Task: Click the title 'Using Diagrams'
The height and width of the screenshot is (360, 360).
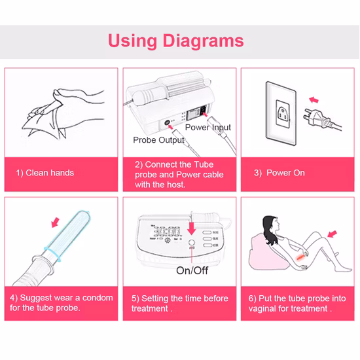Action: pyautogui.click(x=175, y=41)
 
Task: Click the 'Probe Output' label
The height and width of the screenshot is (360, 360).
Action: pyautogui.click(x=158, y=140)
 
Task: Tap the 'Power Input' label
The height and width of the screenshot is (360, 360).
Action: pyautogui.click(x=208, y=128)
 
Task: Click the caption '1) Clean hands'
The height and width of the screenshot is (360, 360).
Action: pyautogui.click(x=45, y=173)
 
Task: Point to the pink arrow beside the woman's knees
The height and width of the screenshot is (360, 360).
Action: pyautogui.click(x=332, y=233)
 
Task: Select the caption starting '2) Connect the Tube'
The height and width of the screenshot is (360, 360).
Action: pyautogui.click(x=179, y=174)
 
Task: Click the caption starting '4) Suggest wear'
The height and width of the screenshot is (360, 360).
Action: pyautogui.click(x=62, y=302)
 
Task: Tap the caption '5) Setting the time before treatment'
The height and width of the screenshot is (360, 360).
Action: pyautogui.click(x=179, y=302)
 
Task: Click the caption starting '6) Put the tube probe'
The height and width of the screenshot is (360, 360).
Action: pyautogui.click(x=298, y=302)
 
